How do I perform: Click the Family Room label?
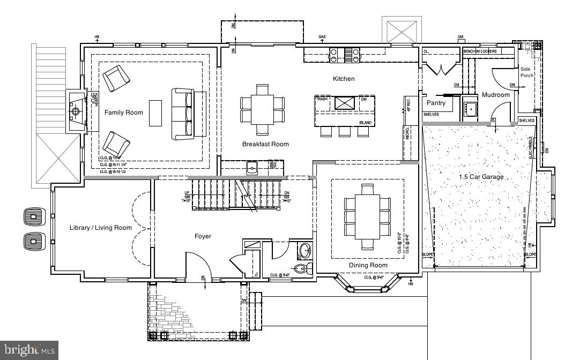[124, 112]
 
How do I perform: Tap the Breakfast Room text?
[265, 144]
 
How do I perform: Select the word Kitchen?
[344, 79]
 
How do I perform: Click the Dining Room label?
[368, 265]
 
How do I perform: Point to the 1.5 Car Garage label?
[481, 177]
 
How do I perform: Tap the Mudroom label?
[496, 95]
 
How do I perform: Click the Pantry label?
[436, 103]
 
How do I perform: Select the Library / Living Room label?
[101, 228]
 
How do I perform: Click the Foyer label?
[203, 236]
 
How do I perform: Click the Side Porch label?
[527, 72]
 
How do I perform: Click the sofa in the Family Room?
[182, 112]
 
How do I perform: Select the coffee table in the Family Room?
[155, 112]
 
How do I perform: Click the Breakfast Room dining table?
[263, 109]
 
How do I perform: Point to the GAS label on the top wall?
[322, 37]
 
